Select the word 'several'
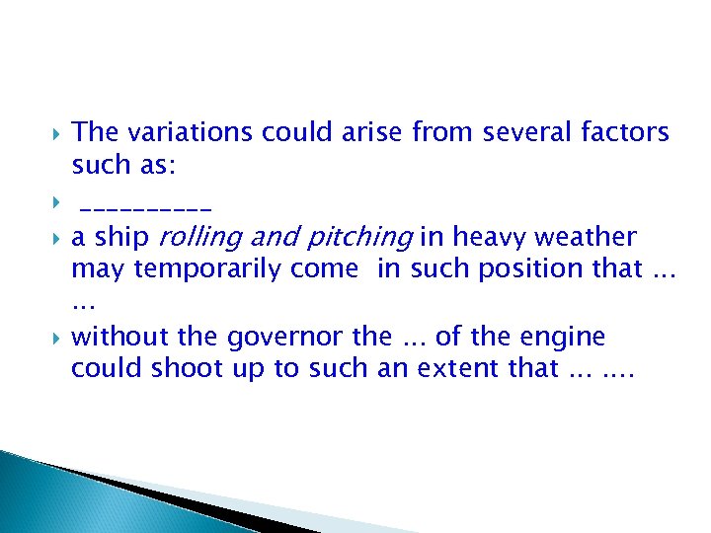(519, 131)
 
